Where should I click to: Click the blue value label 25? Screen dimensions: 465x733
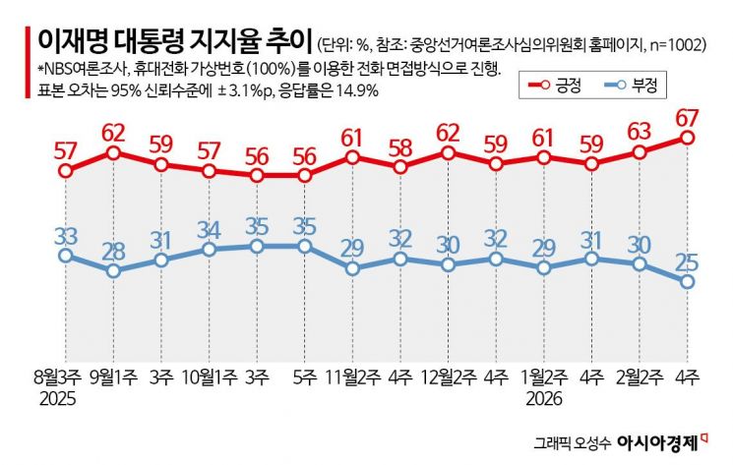688,261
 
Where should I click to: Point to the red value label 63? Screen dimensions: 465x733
640,131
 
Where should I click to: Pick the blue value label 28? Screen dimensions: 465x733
113,249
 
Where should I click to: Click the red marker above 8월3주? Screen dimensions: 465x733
66,171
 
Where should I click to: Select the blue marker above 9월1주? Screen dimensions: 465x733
113,270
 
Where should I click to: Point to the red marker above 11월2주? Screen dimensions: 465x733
352,157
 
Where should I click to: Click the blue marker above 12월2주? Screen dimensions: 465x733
448,264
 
